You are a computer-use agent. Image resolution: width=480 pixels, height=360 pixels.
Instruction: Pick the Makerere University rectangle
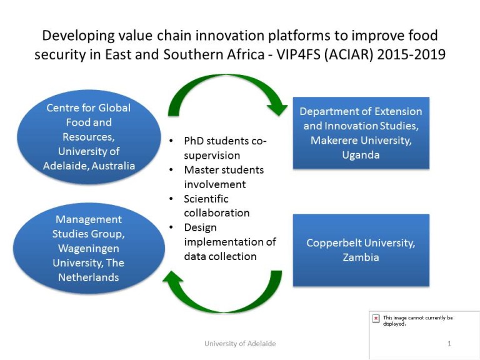pyautogui.click(x=361, y=133)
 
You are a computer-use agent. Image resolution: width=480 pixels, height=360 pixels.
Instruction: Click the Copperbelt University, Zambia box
pyautogui.click(x=361, y=250)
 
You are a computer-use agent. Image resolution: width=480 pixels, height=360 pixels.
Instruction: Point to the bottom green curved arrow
pyautogui.click(x=224, y=297)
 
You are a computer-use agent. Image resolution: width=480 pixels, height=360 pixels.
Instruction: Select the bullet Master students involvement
pyautogui.click(x=224, y=177)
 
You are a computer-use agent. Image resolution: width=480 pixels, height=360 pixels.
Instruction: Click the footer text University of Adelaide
pyautogui.click(x=240, y=344)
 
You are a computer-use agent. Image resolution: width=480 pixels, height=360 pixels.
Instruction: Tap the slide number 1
pyautogui.click(x=449, y=344)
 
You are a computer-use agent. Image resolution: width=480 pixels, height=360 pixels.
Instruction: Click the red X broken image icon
pyautogui.click(x=376, y=318)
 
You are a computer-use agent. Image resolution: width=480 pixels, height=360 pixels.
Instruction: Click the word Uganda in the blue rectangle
pyautogui.click(x=361, y=154)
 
